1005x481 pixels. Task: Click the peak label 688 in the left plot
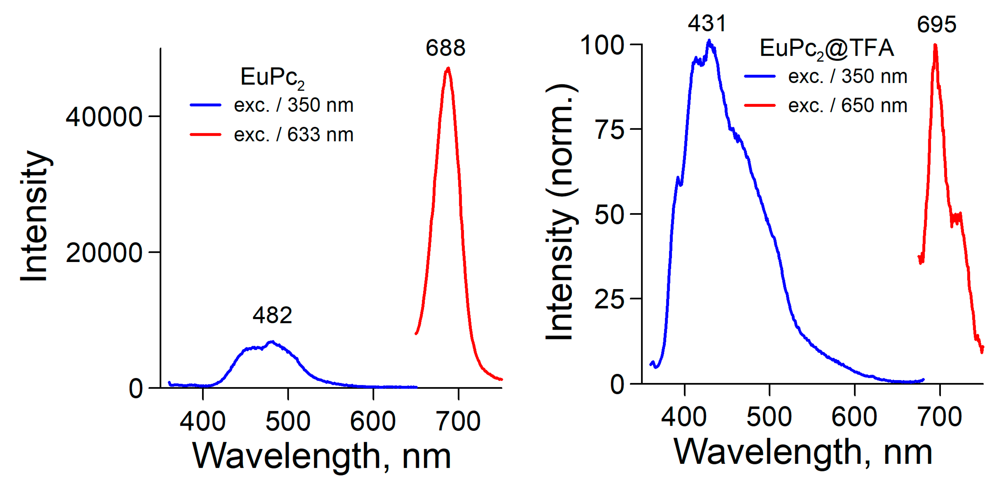[445, 48]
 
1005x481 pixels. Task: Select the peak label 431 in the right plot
[707, 23]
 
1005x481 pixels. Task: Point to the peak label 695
[936, 25]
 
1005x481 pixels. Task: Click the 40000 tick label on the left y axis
[104, 117]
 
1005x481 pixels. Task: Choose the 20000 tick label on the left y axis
[104, 253]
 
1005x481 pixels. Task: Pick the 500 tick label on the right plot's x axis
[769, 417]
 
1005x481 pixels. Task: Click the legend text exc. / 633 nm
[293, 134]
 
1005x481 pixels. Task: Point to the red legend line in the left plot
[205, 134]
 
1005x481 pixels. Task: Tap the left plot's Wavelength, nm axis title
[322, 456]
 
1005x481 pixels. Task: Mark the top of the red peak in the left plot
[448, 68]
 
